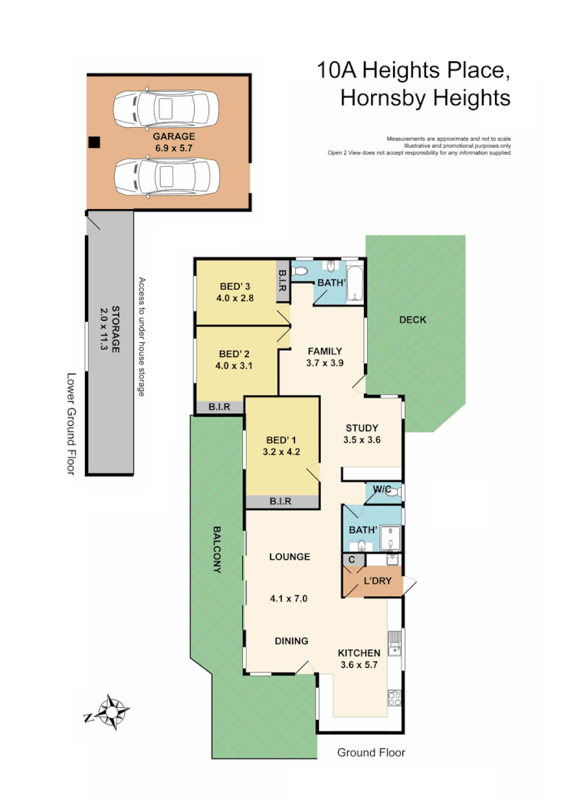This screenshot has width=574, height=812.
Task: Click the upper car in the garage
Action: point(166,109)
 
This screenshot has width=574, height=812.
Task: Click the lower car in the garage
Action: point(166,178)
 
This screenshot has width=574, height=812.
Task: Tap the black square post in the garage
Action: point(93,142)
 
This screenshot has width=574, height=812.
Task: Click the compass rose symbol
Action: point(112,712)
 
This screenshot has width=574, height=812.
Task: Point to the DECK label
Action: point(412,319)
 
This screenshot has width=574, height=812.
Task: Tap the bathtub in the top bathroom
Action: point(356,280)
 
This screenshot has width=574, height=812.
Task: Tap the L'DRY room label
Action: point(377,581)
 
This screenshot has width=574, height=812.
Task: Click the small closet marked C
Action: point(352,561)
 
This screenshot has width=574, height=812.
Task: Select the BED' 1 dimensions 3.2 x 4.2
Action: point(282,452)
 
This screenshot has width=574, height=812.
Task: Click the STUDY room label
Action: point(362,428)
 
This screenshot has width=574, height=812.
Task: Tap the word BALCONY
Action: point(217,549)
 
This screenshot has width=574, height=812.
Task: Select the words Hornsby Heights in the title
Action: point(425,98)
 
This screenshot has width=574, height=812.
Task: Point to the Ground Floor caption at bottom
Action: point(371,752)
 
